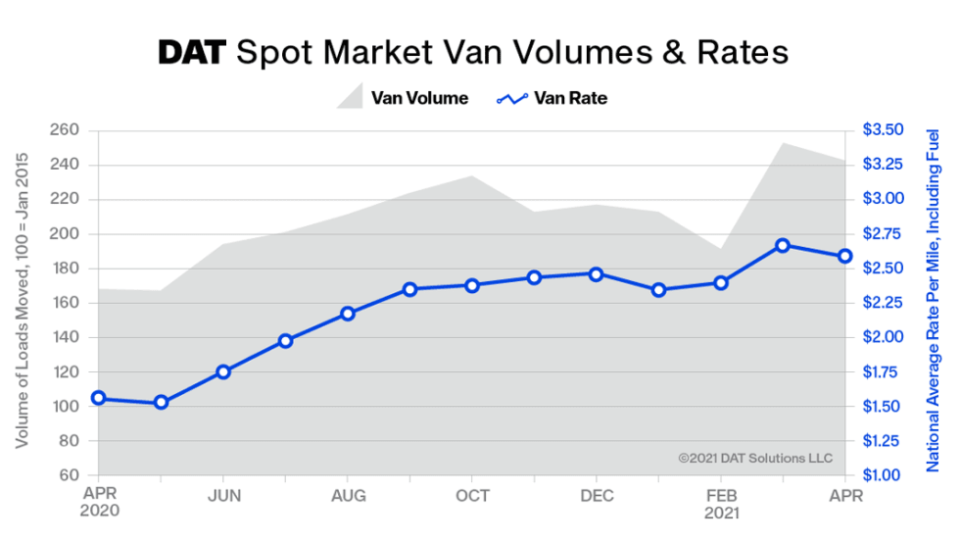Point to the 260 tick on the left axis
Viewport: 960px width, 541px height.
67,130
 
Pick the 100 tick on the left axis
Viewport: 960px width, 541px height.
67,407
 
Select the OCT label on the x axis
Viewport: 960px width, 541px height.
472,495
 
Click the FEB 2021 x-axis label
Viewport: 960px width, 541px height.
721,503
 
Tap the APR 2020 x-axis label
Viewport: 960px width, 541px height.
99,503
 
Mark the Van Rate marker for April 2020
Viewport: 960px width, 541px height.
99,398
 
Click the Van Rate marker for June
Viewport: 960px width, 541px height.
223,372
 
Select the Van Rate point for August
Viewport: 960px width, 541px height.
348,314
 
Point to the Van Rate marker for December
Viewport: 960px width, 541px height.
597,273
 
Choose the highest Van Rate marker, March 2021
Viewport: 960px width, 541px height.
783,246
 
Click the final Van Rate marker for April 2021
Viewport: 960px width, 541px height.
844,257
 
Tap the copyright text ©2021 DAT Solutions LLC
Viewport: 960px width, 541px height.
754,458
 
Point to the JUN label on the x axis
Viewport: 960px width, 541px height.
223,495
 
